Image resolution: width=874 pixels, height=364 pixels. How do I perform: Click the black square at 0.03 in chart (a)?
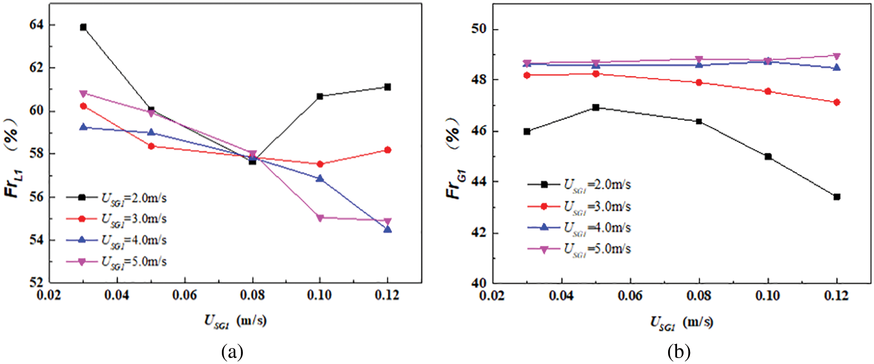pos(83,27)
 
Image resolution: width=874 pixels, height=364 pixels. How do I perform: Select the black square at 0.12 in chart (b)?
pos(837,197)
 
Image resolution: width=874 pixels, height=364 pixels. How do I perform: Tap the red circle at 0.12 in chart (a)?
pos(387,150)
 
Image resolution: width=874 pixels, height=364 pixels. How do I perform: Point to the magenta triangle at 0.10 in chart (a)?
pos(320,218)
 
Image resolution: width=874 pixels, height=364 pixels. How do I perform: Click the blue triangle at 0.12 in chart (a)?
pos(387,229)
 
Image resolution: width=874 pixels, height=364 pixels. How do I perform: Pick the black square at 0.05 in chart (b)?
pos(595,107)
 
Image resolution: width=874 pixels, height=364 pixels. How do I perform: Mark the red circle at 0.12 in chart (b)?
pos(837,102)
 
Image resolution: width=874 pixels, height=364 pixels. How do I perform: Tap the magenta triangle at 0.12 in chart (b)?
pos(837,56)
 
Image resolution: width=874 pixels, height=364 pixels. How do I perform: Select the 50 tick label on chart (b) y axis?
pos(478,29)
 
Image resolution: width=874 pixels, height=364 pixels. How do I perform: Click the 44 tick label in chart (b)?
pos(478,182)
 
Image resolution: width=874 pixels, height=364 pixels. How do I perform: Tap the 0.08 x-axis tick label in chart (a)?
pos(252,295)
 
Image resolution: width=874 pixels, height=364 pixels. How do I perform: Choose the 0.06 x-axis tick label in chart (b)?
pos(630,296)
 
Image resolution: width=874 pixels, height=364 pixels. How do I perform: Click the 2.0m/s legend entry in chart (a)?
pos(134,198)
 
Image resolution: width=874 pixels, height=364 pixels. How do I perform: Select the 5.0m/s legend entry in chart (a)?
pos(134,262)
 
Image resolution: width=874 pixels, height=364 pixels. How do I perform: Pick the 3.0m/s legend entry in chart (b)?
pos(597,206)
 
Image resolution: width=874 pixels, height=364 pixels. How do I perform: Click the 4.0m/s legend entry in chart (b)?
pos(597,228)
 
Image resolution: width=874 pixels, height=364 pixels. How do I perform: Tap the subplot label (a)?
pos(232,352)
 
